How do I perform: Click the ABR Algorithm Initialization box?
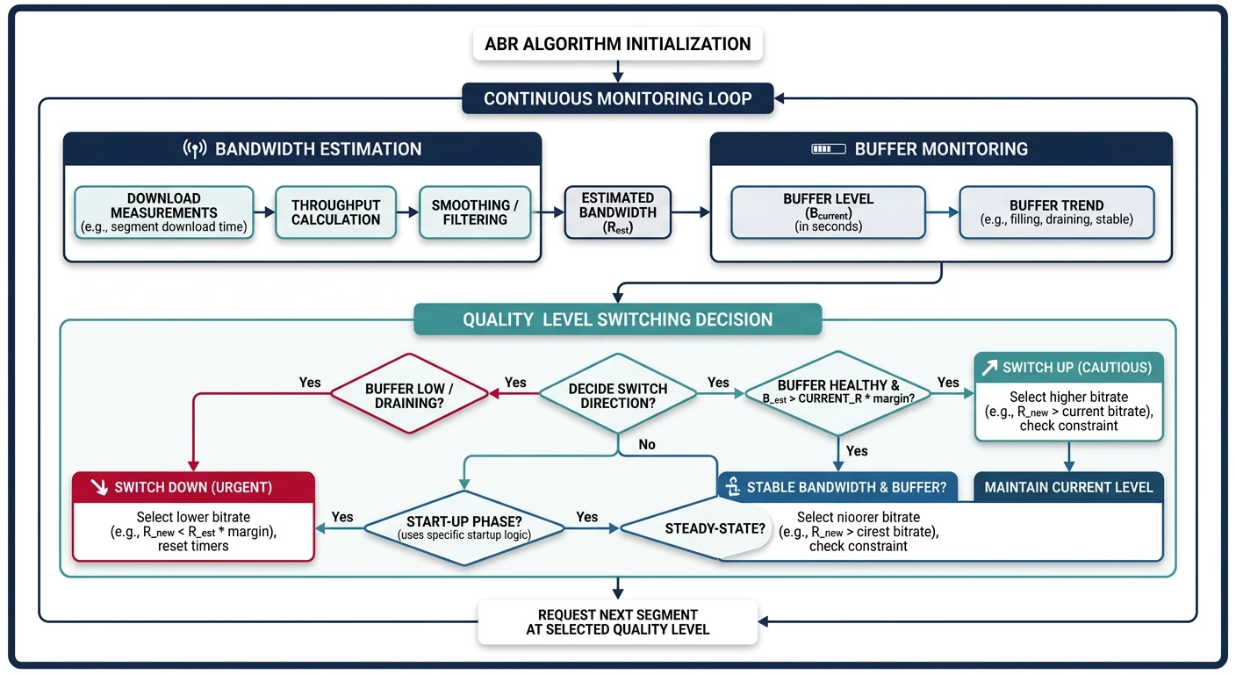click(618, 44)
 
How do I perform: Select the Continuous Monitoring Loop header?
click(618, 98)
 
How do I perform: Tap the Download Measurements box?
click(163, 212)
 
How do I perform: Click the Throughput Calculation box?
click(335, 212)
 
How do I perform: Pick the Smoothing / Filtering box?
click(475, 212)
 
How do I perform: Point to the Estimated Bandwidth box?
click(618, 212)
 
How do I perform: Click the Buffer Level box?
click(828, 212)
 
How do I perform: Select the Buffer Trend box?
click(1057, 212)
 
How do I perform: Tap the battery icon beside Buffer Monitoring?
click(828, 149)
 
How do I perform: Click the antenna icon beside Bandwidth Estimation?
click(194, 149)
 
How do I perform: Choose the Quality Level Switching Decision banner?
click(618, 319)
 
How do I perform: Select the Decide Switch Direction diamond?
click(617, 394)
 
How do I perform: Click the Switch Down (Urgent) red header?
click(193, 486)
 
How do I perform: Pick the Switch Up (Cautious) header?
click(1068, 368)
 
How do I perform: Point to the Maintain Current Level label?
click(1068, 487)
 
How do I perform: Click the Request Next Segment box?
click(618, 621)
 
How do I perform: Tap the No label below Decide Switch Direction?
click(647, 445)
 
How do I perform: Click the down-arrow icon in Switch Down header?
click(99, 486)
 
